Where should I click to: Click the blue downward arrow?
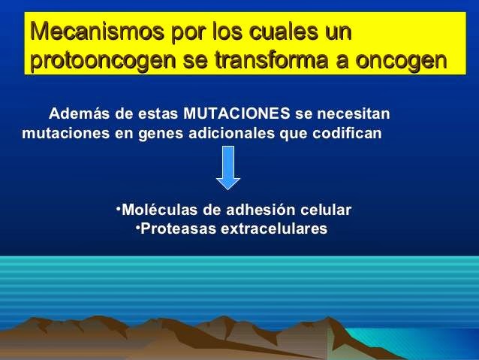227,168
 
